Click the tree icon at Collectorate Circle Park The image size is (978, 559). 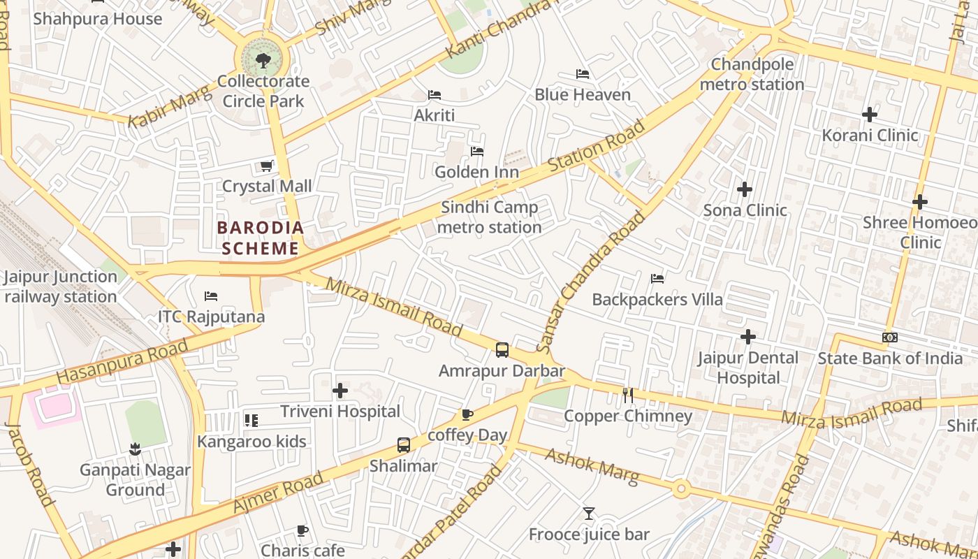coord(263,61)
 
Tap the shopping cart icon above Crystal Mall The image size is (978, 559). coord(266,166)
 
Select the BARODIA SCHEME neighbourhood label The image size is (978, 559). coord(260,238)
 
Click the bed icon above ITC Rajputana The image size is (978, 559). coord(211,296)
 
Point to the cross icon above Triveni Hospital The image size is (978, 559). coord(340,391)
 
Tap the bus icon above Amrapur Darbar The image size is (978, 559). coord(502,350)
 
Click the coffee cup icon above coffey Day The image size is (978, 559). coord(467,415)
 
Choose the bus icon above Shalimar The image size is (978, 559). coord(403,445)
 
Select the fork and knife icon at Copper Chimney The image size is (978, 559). coord(627,395)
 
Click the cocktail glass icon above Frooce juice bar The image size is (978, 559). coord(589,514)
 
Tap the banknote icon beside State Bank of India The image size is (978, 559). coord(890,337)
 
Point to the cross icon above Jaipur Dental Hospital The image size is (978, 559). coord(748,337)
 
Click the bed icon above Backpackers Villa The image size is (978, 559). coord(657,279)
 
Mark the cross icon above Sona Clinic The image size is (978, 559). coord(745,189)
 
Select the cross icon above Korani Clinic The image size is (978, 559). coord(870,115)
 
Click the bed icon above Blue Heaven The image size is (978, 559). coord(583,74)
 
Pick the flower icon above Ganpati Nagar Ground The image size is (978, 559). coord(135,449)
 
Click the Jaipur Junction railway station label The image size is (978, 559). coord(60,286)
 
